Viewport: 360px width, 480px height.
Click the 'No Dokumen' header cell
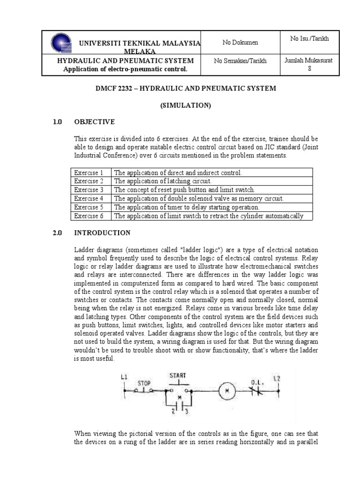[240, 43]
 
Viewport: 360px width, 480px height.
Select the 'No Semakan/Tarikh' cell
[240, 61]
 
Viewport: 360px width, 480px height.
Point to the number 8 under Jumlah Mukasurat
[309, 68]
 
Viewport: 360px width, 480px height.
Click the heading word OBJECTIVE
[94, 122]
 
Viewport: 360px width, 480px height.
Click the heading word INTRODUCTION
[102, 232]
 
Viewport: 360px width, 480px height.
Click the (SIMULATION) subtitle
[186, 105]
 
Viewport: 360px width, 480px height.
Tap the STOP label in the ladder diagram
[144, 383]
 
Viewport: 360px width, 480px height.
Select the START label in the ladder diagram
[177, 375]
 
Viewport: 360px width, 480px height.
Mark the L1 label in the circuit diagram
[124, 376]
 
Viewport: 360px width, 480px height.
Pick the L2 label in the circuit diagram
[277, 377]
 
